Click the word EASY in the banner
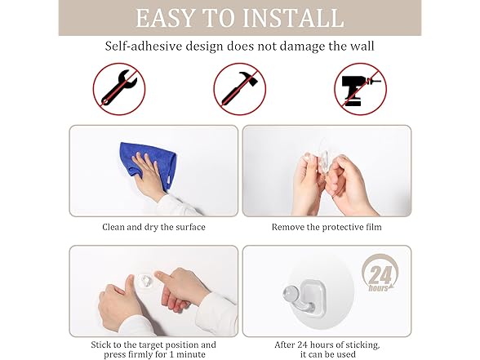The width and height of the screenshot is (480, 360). click(167, 17)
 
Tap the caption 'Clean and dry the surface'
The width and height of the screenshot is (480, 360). click(153, 227)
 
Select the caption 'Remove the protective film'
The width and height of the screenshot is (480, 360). click(326, 227)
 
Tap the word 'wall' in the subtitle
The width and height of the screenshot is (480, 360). click(362, 47)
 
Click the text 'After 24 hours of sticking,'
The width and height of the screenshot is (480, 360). click(326, 344)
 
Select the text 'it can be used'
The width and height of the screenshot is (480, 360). click(326, 355)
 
